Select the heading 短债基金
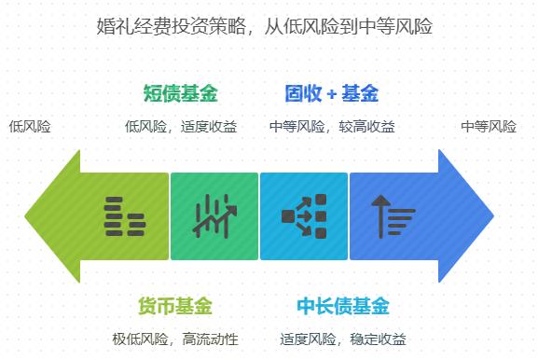[x=180, y=93]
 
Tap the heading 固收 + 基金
[x=331, y=93]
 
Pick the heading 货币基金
[x=174, y=306]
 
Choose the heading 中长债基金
[x=343, y=306]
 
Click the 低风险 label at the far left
[x=30, y=126]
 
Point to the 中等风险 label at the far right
[x=488, y=126]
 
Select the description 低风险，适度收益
[x=180, y=126]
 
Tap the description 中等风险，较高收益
[x=331, y=126]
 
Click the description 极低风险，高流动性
[x=174, y=339]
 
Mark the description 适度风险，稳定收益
[x=343, y=339]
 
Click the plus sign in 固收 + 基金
[x=331, y=94]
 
